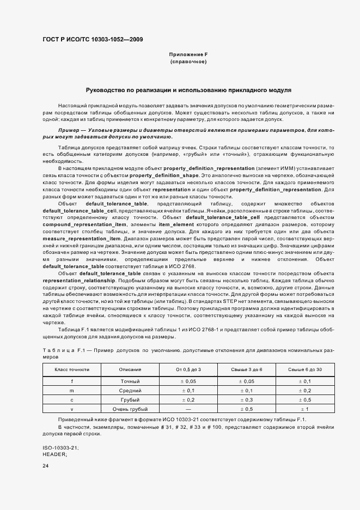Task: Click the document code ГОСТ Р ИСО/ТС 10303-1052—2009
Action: click(x=93, y=40)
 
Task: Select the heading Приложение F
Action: click(x=188, y=54)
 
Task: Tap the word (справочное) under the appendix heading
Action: click(x=188, y=62)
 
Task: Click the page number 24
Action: click(x=46, y=466)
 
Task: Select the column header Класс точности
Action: click(x=72, y=370)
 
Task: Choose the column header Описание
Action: click(x=130, y=370)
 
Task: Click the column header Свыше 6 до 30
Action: click(x=304, y=370)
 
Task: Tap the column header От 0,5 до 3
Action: click(x=188, y=370)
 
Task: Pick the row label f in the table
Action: click(x=72, y=381)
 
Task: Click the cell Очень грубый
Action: click(x=130, y=409)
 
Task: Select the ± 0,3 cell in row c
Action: click(x=246, y=399)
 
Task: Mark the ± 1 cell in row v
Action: click(x=304, y=409)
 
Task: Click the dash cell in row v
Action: click(x=188, y=409)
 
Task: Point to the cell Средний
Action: click(x=130, y=391)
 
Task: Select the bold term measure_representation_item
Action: click(x=81, y=239)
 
